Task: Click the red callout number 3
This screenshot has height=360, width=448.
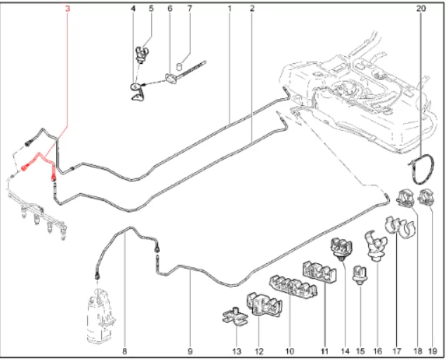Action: [x=67, y=8]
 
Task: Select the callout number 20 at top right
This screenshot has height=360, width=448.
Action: [x=421, y=8]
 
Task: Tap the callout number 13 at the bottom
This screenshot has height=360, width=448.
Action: [x=237, y=352]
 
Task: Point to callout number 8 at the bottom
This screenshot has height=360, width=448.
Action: [x=124, y=352]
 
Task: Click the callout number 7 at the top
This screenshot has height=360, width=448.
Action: [x=190, y=8]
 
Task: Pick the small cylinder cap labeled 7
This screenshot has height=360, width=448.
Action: [x=180, y=67]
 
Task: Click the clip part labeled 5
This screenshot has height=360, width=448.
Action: [x=142, y=55]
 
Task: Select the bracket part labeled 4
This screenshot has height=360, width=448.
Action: [x=138, y=92]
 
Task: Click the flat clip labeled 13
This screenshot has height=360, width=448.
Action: [x=235, y=316]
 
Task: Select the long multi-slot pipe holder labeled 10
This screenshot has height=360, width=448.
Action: [x=293, y=286]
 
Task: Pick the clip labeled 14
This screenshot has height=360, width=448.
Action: [x=341, y=248]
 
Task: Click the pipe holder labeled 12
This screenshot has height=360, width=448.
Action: [x=264, y=305]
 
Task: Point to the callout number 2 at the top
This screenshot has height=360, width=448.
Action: [x=251, y=8]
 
